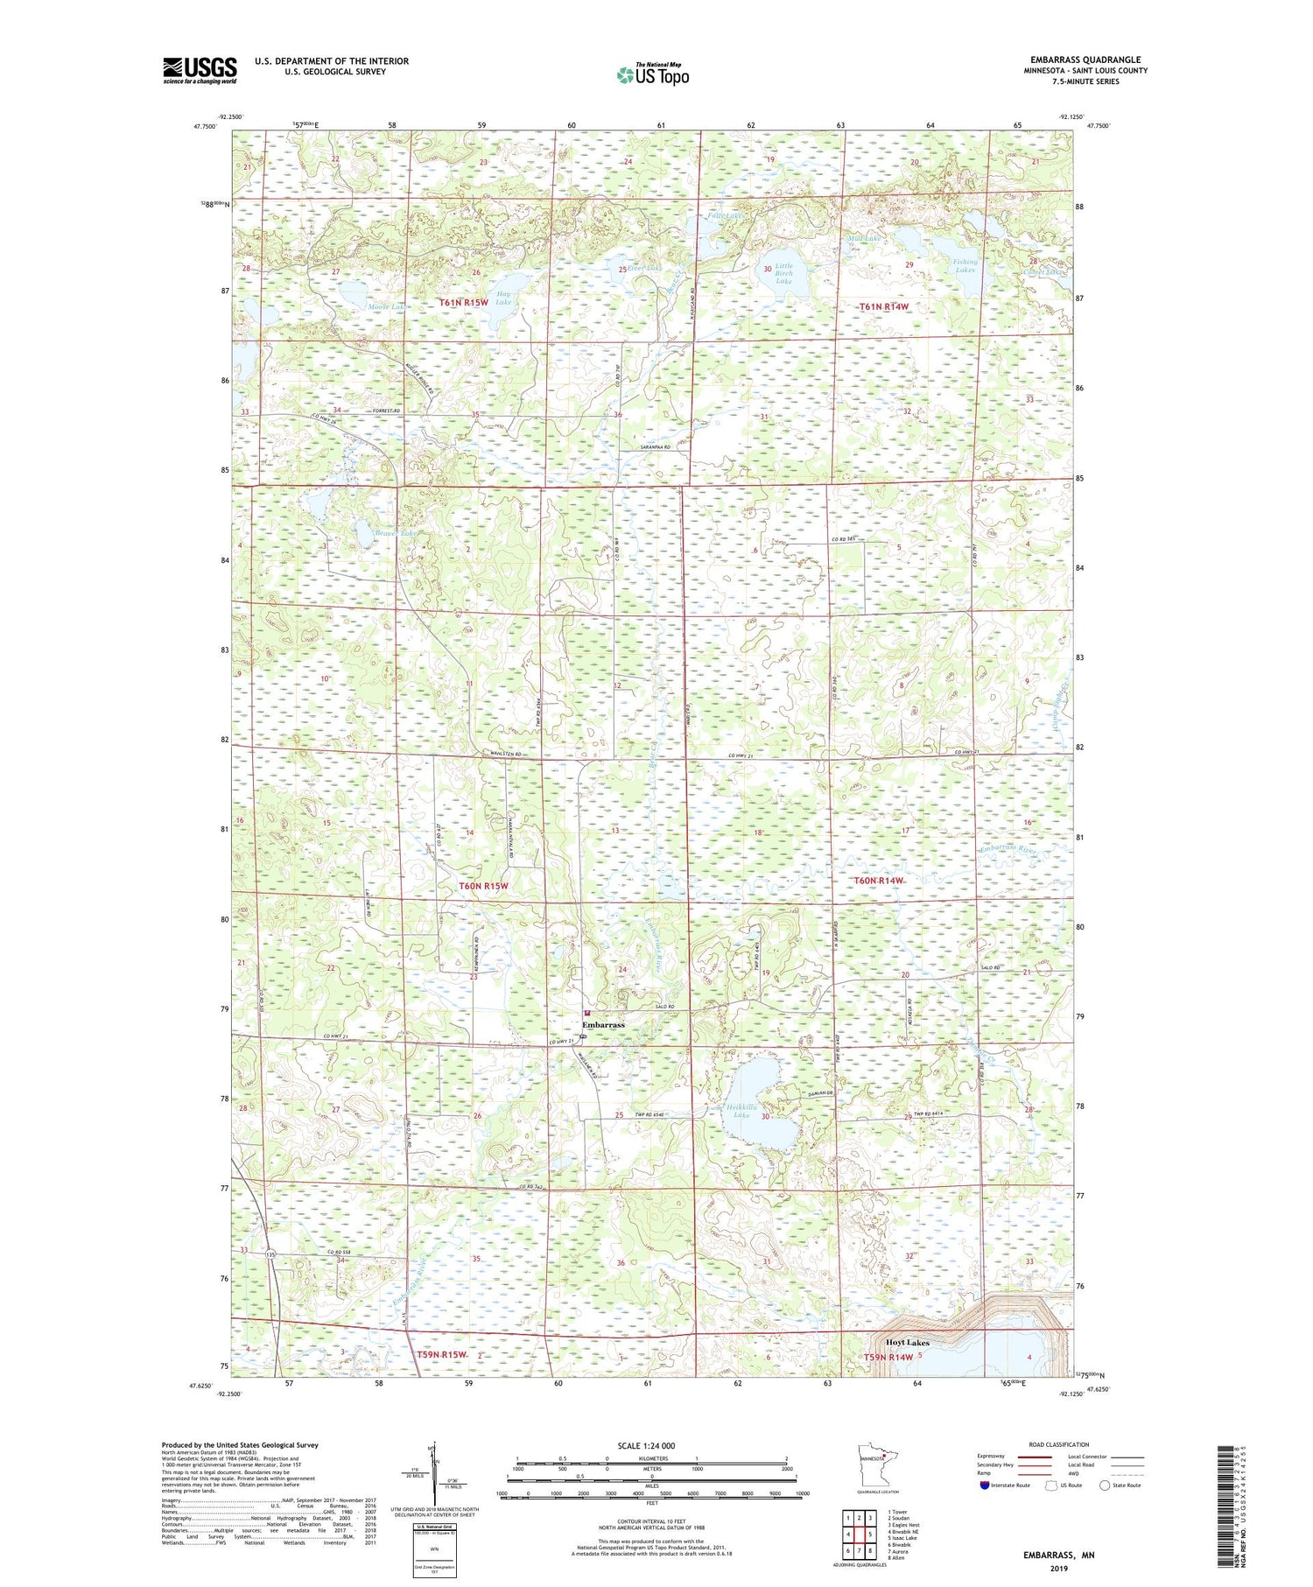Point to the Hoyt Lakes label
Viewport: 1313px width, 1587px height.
pos(907,1342)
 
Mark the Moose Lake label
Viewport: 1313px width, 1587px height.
pos(386,307)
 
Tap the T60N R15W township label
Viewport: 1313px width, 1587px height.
pos(483,886)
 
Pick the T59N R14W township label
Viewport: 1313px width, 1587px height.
pos(888,1357)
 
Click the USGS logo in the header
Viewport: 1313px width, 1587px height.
pos(200,70)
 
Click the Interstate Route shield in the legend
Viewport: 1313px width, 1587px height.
pos(984,1485)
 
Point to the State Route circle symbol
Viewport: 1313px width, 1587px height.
pos(1106,1485)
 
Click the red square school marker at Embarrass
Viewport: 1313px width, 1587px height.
pos(586,1013)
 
